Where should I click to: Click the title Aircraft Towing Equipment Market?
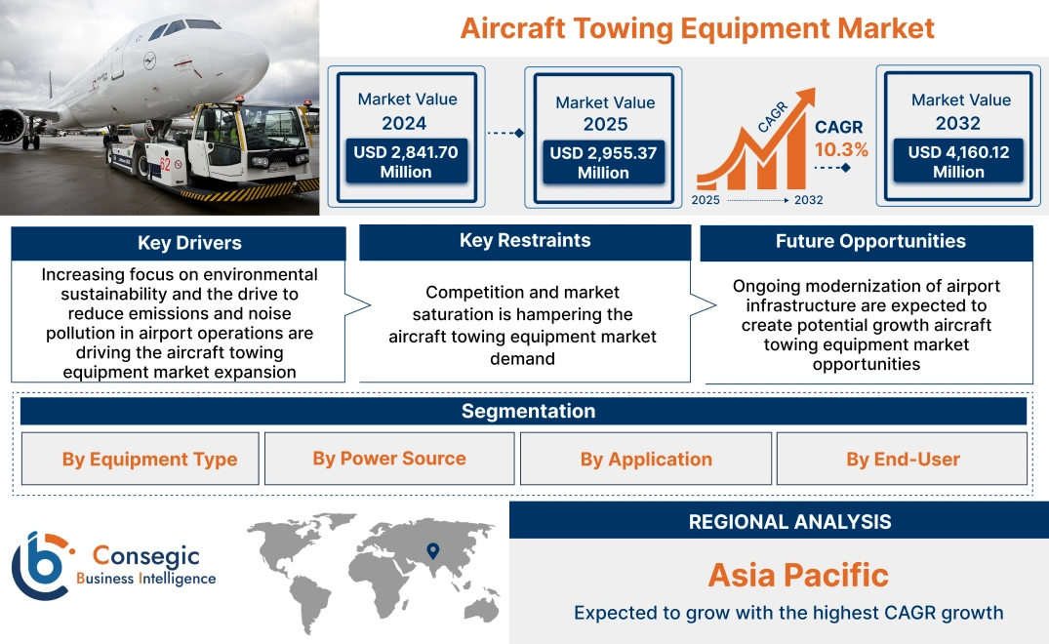[697, 28]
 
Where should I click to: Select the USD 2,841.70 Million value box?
[405, 162]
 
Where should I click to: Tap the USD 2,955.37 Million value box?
[603, 163]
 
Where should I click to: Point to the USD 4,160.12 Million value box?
[958, 162]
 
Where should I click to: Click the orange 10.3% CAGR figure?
[840, 150]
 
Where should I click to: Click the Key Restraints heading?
[524, 241]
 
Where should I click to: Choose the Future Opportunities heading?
[870, 241]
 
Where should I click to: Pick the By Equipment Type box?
[149, 460]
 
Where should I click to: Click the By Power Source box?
[389, 459]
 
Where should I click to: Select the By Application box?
[646, 460]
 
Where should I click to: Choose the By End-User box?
[903, 460]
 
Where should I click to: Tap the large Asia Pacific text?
[798, 575]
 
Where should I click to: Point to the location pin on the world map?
[433, 552]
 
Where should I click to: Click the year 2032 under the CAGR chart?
[808, 200]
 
